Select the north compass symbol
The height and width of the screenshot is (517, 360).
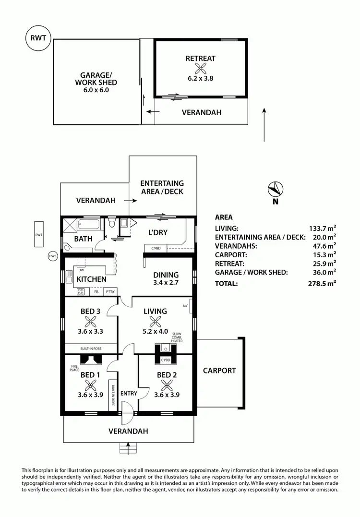[x=276, y=189]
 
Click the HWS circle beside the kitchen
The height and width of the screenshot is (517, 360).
[x=52, y=256]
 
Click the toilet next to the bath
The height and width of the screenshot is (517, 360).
[x=111, y=223]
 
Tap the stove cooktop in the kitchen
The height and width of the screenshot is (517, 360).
[x=81, y=291]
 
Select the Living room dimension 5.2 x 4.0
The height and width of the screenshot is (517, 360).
[x=156, y=331]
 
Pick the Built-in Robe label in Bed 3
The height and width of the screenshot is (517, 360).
[x=91, y=349]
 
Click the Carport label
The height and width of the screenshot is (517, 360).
[x=219, y=371]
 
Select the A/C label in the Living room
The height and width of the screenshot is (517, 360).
[x=185, y=305]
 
